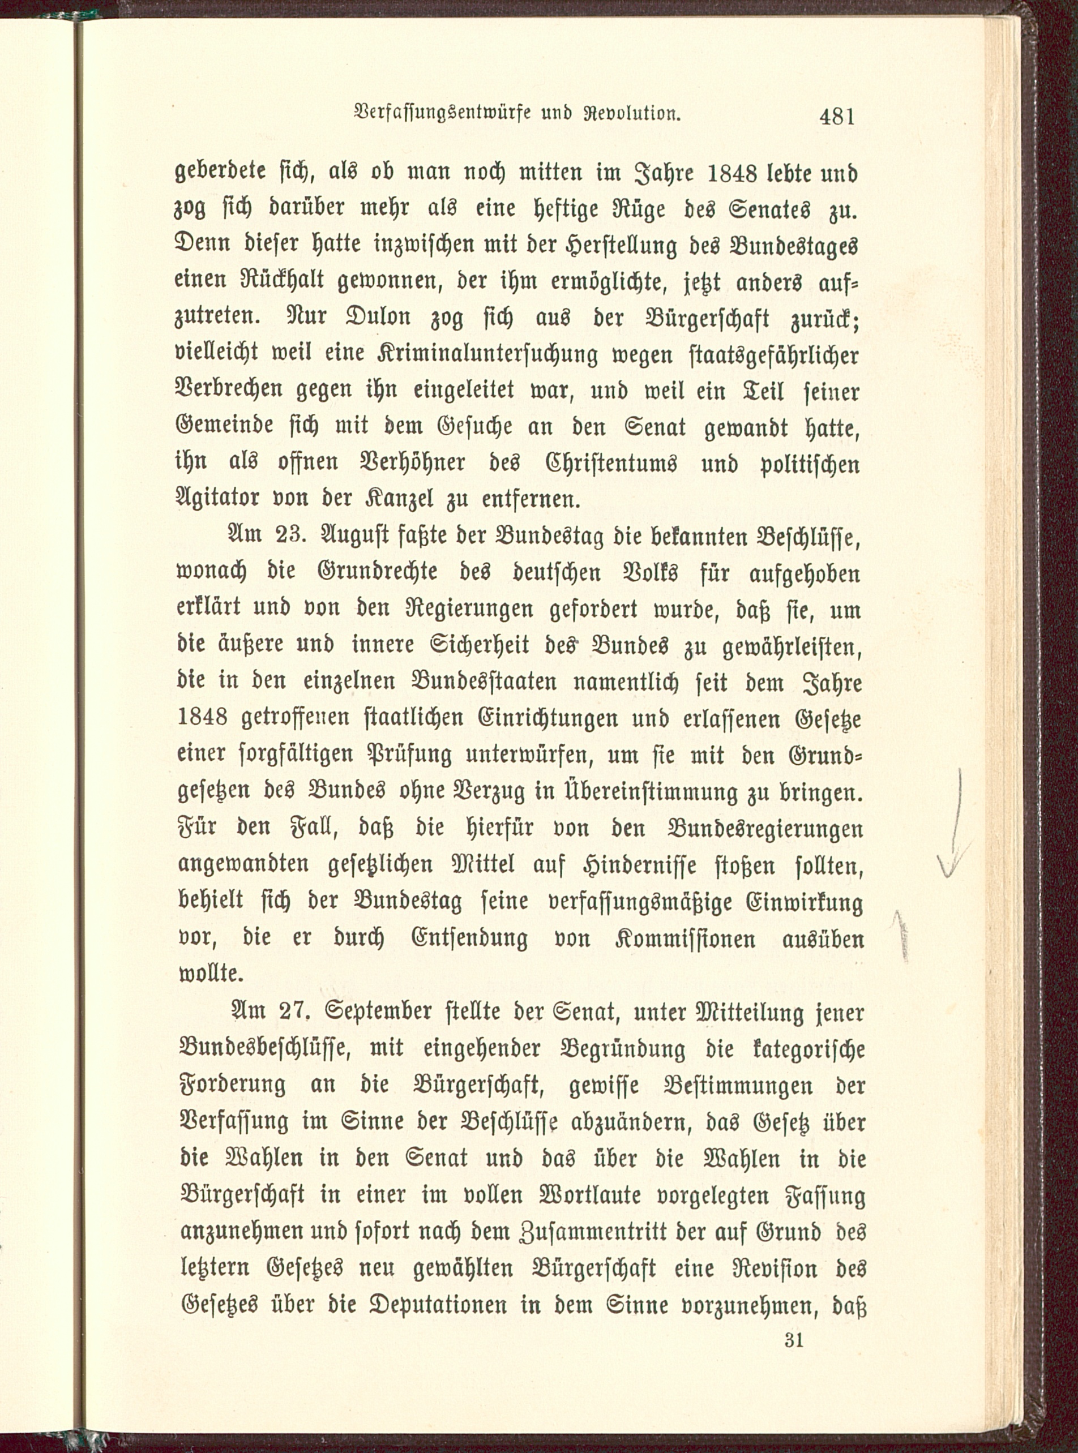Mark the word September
tap(380, 1012)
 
